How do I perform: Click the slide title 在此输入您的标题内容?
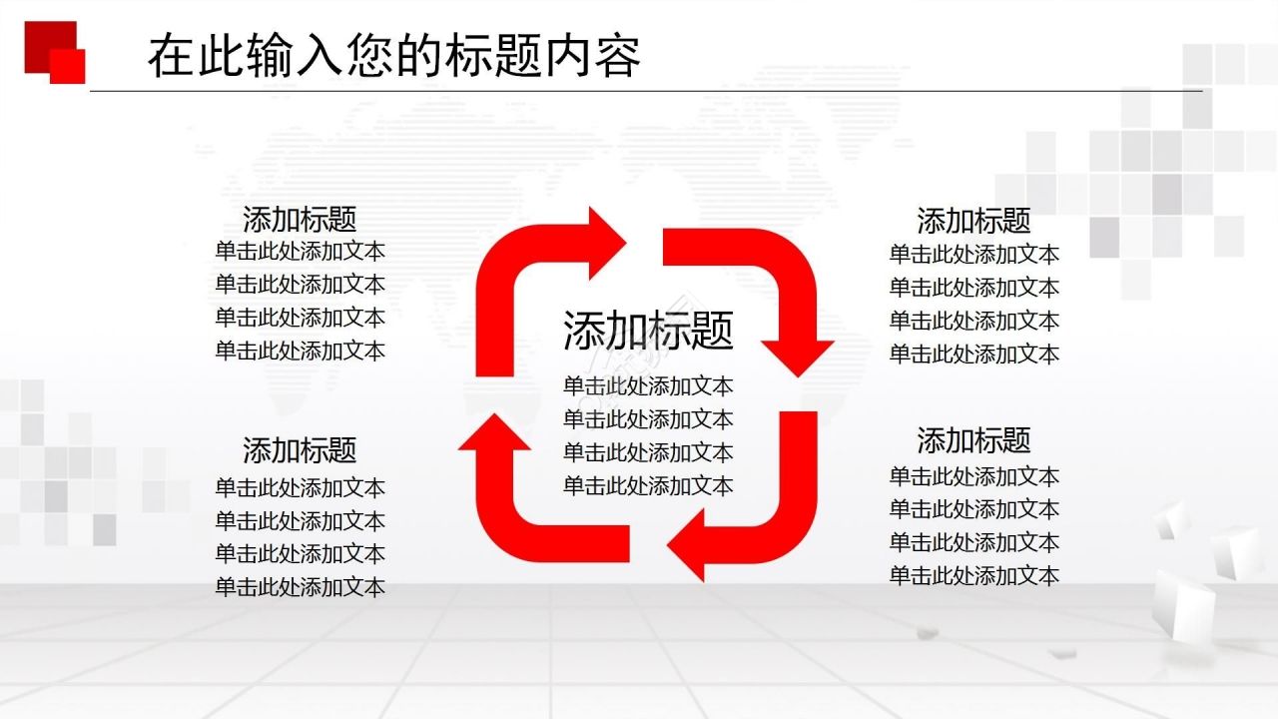[x=393, y=57]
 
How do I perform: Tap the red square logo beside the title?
[x=55, y=51]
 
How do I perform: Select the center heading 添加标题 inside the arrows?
[x=648, y=331]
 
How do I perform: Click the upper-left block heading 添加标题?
[x=300, y=219]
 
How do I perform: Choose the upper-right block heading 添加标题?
[x=973, y=220]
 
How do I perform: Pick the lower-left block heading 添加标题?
[x=300, y=450]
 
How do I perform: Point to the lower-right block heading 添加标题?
[x=973, y=439]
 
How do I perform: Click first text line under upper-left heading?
[x=300, y=252]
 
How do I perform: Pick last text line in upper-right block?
[x=973, y=354]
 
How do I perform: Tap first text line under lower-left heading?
[x=300, y=488]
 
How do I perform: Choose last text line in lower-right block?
[x=973, y=575]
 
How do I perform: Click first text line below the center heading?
[x=648, y=386]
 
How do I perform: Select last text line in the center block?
[x=648, y=485]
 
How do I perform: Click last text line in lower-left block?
[x=300, y=587]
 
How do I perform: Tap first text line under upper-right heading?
[x=973, y=255]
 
